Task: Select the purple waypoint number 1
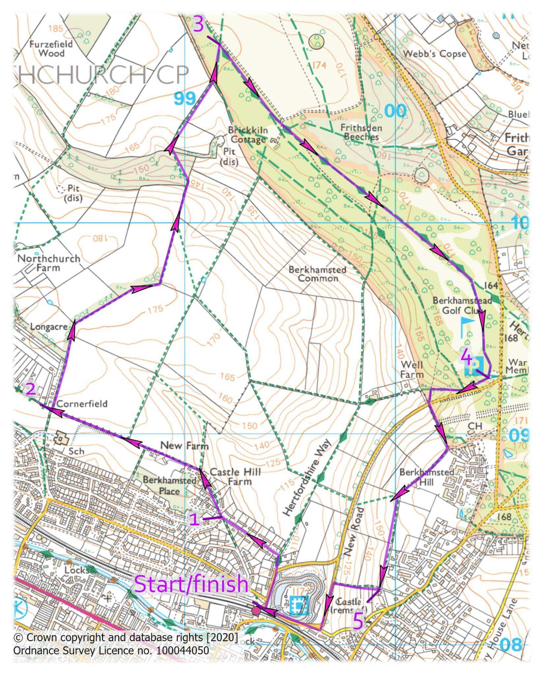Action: (195, 520)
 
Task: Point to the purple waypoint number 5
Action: (358, 622)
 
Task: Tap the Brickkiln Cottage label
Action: (248, 135)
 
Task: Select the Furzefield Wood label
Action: (51, 48)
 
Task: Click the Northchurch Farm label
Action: (49, 263)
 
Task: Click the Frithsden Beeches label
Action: (361, 132)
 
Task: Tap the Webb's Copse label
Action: (435, 53)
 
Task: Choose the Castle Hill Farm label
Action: (235, 477)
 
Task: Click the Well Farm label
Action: (412, 369)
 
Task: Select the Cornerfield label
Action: (82, 404)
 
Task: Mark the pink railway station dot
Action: (256, 611)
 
